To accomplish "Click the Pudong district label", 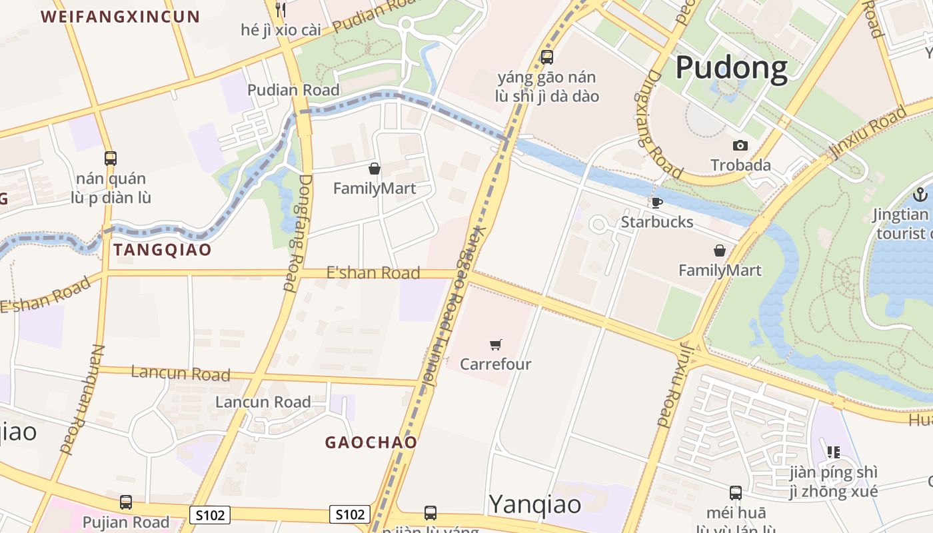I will point(731,68).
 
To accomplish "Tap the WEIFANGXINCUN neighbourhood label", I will point(121,17).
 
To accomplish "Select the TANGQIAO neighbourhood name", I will point(163,250).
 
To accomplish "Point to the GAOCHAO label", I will point(371,442).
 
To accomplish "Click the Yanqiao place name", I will point(536,504).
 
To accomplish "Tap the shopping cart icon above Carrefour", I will point(495,344).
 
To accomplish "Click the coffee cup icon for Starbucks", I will point(656,203).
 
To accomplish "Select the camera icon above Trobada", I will point(740,145).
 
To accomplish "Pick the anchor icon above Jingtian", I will point(920,195).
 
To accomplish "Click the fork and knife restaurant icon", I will point(281,9).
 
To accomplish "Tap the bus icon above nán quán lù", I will point(111,159).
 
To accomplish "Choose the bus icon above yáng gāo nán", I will point(547,57).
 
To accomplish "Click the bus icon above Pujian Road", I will point(125,502).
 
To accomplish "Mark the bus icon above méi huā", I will point(735,493).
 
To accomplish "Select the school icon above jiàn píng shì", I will point(833,452).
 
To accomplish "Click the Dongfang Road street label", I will point(298,233).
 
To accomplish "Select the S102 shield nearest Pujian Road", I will point(210,514).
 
